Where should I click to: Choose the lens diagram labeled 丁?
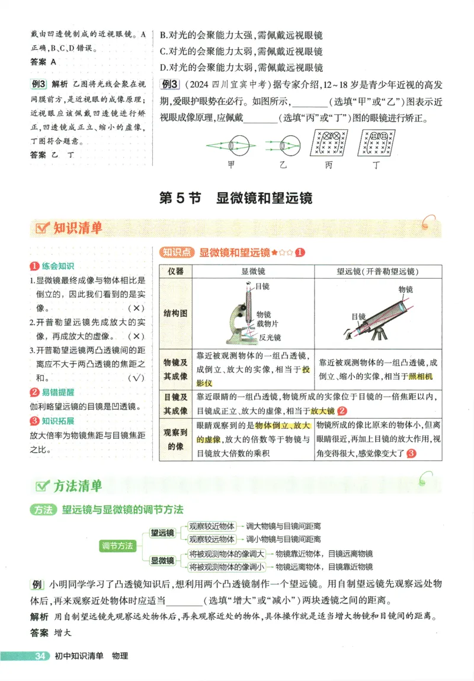(x=376, y=143)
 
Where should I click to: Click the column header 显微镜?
(x=253, y=271)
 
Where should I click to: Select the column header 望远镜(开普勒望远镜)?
(x=377, y=271)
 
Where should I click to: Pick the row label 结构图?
(x=175, y=313)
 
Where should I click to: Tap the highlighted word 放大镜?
(x=323, y=410)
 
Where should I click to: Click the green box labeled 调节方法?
(x=118, y=545)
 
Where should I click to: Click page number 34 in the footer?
(x=41, y=655)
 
